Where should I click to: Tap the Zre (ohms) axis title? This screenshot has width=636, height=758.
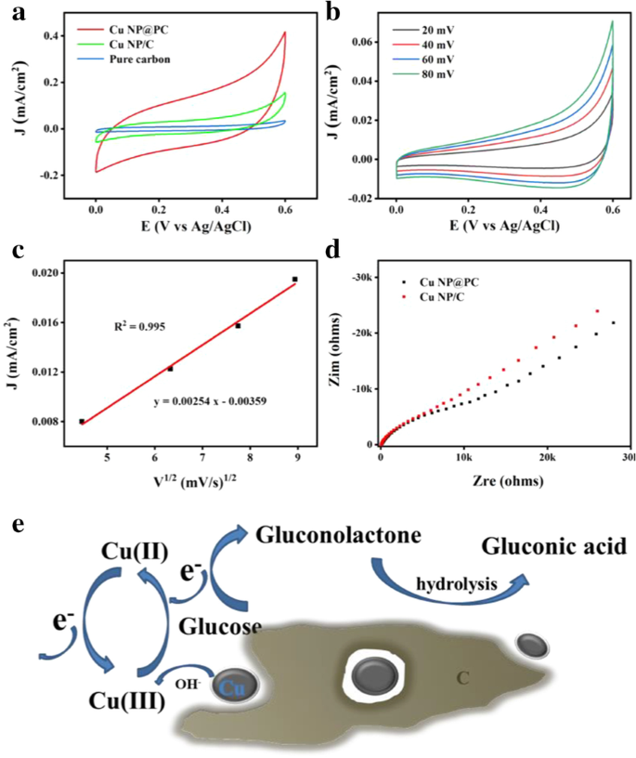(x=505, y=482)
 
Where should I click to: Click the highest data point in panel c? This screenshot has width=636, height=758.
(x=294, y=279)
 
